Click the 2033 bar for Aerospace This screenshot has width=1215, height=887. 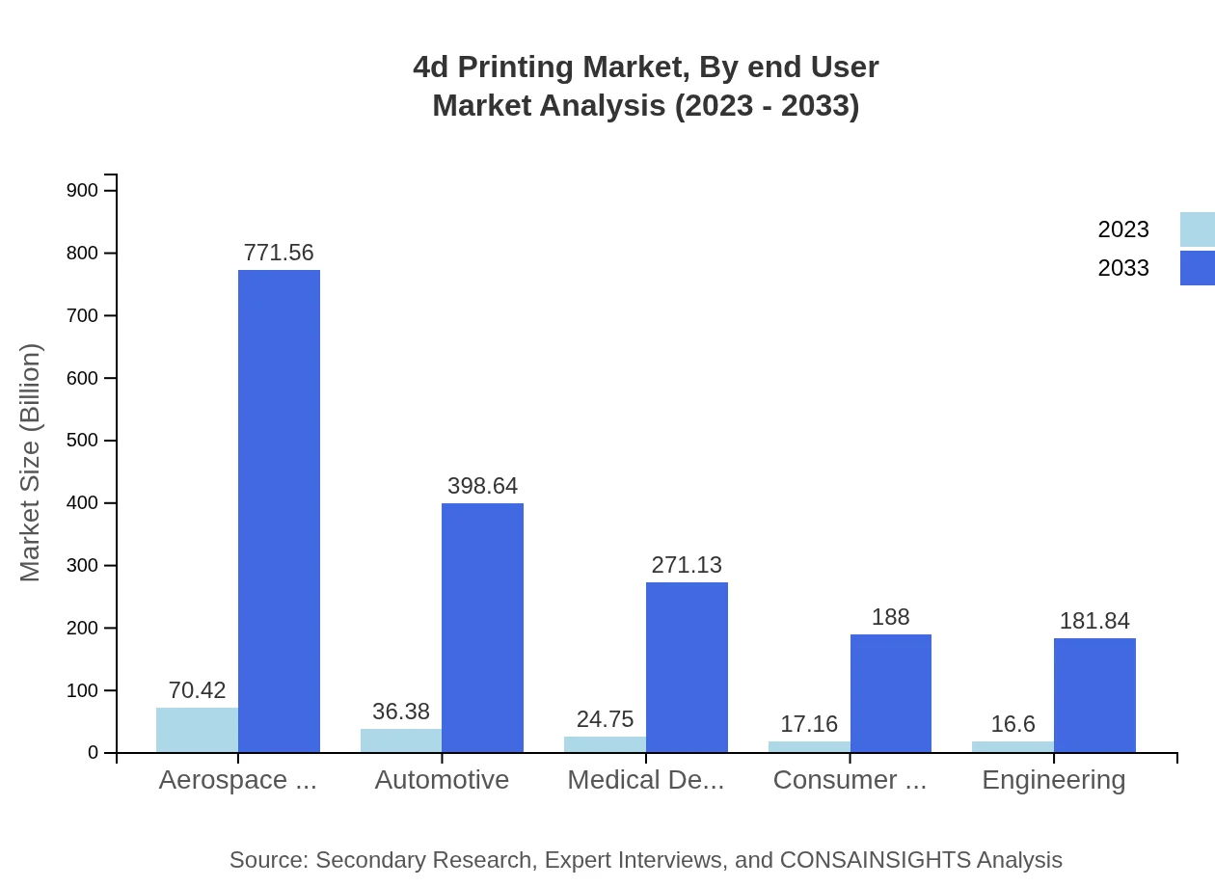(279, 511)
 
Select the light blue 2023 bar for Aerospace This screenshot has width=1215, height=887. (197, 730)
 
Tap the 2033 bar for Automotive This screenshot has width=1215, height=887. (482, 628)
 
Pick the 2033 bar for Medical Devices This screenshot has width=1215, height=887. (687, 667)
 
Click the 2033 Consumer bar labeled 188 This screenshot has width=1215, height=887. (890, 693)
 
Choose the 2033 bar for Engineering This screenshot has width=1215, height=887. (1094, 695)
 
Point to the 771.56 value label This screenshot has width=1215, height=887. (279, 253)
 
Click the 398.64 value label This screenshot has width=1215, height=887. (482, 486)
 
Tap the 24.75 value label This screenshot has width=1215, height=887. (605, 719)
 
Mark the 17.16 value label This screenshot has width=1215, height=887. (809, 724)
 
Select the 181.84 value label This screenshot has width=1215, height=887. (1094, 621)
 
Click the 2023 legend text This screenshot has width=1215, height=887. (1123, 229)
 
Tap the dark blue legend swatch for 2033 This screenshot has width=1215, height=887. (1197, 268)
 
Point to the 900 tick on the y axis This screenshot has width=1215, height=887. (82, 191)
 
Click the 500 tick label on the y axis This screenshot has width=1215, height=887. (82, 441)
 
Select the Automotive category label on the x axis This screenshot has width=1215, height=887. (442, 780)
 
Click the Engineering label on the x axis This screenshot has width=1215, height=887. (1053, 780)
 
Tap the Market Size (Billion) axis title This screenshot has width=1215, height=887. (31, 463)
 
